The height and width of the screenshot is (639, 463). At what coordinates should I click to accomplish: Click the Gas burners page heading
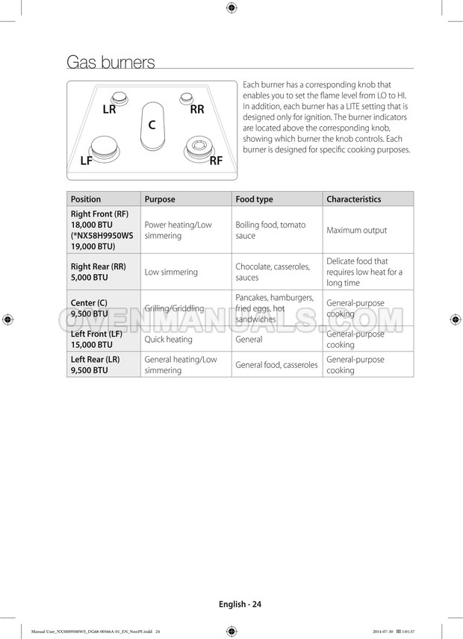(x=111, y=62)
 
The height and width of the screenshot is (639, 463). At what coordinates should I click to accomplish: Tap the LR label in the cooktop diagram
(x=109, y=109)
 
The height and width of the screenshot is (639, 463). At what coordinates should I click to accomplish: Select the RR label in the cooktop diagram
(x=197, y=109)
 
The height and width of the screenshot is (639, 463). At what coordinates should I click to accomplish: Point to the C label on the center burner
(x=152, y=125)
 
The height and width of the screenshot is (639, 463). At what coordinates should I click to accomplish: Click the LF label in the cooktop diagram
(x=87, y=160)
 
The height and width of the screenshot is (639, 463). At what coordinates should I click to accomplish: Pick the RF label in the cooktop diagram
(x=216, y=160)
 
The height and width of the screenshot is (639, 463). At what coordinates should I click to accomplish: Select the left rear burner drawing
(x=119, y=97)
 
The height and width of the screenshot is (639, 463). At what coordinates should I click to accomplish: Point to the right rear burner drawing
(x=187, y=97)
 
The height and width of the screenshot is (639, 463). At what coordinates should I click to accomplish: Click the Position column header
(x=86, y=199)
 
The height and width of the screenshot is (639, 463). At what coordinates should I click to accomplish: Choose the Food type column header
(x=255, y=199)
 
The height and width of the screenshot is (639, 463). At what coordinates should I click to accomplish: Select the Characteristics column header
(x=353, y=199)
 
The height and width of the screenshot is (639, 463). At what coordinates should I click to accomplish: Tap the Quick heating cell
(x=168, y=340)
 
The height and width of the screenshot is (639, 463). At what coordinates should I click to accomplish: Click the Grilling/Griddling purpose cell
(x=174, y=308)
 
